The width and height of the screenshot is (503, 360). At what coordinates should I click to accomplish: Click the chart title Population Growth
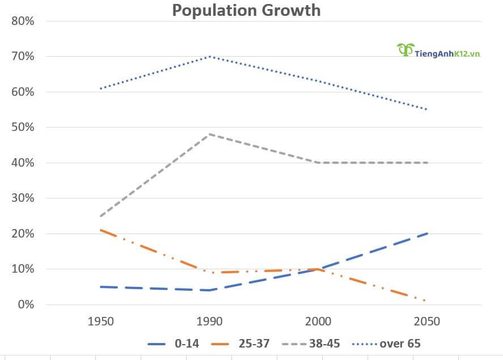coord(246,10)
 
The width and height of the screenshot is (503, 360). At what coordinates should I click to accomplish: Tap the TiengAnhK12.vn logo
coord(438,52)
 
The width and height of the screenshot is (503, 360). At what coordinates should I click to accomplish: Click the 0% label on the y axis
coord(26,304)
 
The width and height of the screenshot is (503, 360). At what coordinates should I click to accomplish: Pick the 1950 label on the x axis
coord(101,321)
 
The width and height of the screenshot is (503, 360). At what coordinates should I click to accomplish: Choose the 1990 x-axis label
coord(209,321)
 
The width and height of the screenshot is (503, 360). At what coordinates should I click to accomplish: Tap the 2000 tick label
coord(318,321)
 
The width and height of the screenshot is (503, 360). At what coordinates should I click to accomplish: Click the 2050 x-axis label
coord(426,321)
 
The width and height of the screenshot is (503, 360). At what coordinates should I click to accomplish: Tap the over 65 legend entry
coord(386,343)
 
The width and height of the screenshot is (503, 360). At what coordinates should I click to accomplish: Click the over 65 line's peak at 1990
coord(210,56)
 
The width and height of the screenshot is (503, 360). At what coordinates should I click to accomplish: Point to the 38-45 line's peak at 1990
coord(210,134)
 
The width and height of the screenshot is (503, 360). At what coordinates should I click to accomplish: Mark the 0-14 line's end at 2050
coord(426,234)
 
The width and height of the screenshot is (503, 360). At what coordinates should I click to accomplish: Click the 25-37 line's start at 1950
coord(101,230)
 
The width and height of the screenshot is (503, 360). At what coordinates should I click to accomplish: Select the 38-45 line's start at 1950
coord(101,216)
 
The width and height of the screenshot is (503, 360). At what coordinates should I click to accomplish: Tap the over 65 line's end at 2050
coord(426,109)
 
